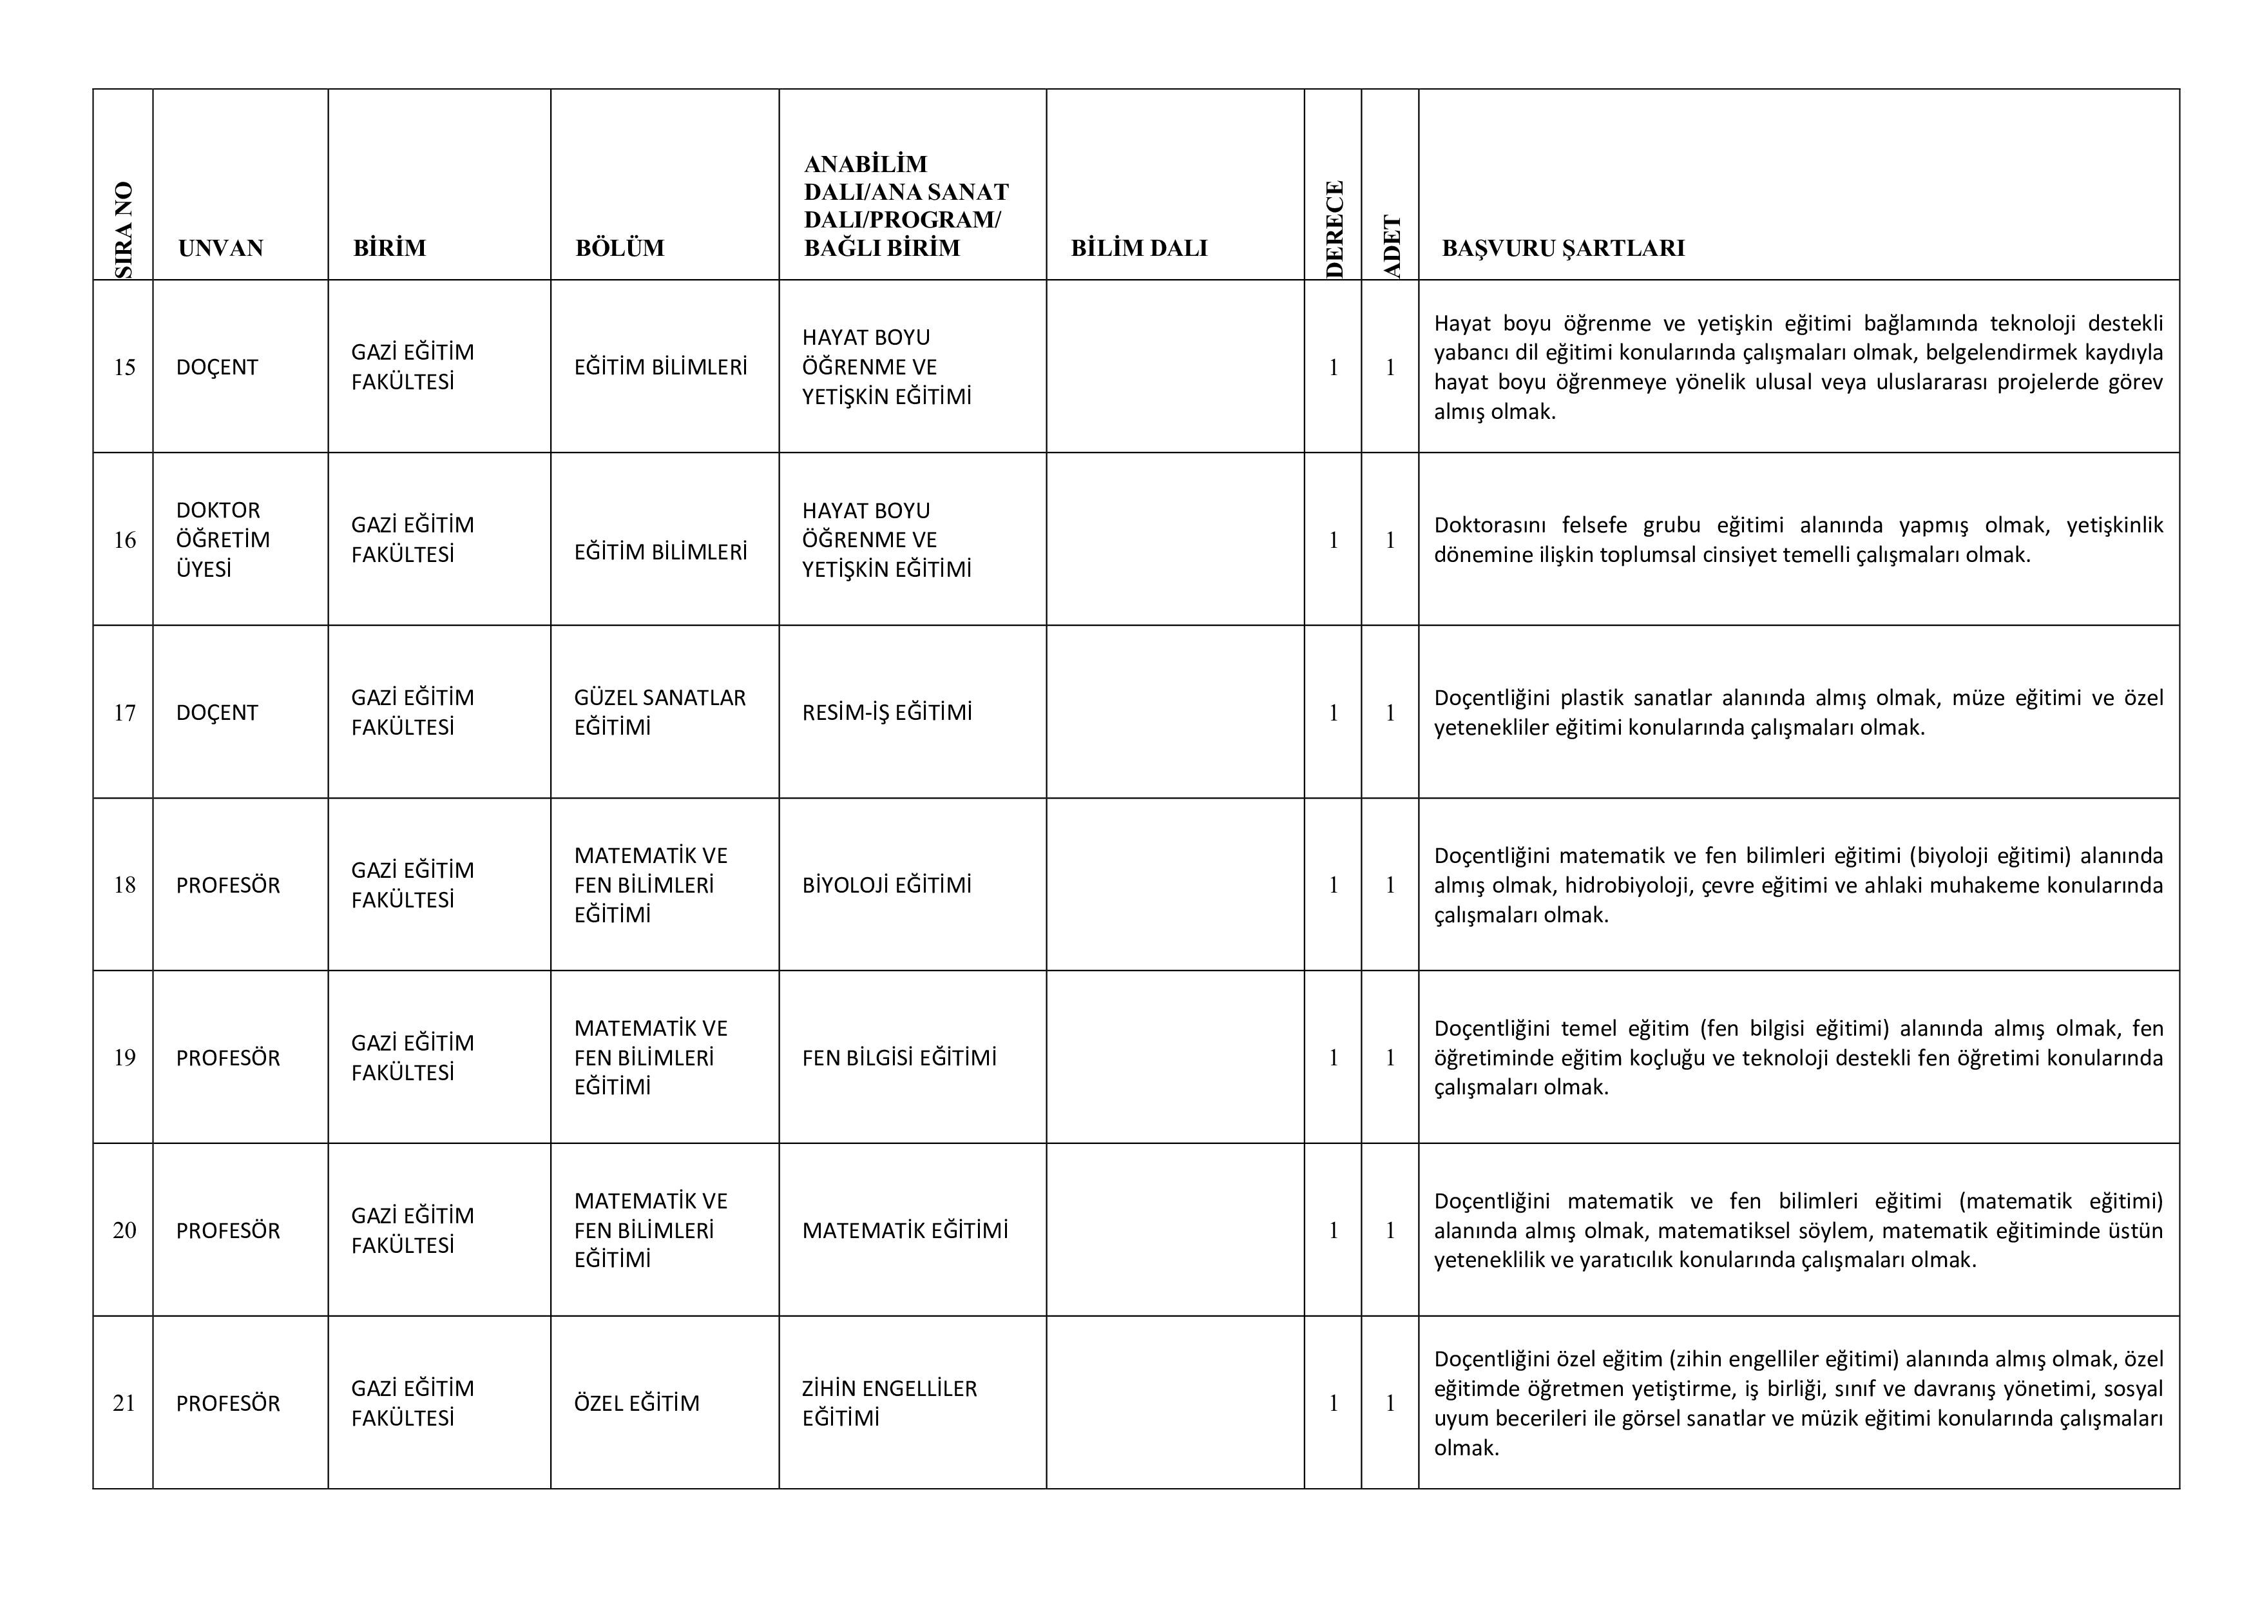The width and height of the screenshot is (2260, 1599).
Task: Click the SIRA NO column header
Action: coord(124,229)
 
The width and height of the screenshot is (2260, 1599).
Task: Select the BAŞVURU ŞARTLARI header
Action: coord(1563,248)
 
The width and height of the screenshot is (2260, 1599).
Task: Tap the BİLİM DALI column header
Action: coord(1139,248)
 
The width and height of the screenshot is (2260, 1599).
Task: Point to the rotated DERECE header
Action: coord(1334,229)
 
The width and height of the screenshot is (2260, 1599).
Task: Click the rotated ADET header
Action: coord(1391,246)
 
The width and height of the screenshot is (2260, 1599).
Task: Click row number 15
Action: coord(124,367)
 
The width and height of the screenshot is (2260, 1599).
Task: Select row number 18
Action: coord(124,885)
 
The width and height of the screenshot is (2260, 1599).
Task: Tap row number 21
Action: coord(124,1403)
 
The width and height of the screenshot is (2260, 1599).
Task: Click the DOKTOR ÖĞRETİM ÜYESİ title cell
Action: coord(222,539)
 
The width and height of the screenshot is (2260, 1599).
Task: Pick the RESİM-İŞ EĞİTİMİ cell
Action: coord(887,713)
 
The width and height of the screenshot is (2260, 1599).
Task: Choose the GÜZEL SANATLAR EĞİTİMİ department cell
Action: coord(660,713)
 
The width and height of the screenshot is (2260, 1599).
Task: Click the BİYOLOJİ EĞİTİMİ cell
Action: coord(887,885)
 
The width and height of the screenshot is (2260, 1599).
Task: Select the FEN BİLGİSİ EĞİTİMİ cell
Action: coord(899,1058)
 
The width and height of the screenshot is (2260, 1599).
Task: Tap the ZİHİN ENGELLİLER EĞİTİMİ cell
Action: coord(889,1403)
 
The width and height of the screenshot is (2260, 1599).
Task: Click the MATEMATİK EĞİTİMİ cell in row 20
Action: coord(905,1231)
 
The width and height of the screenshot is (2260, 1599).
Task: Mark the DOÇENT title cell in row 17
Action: coord(216,713)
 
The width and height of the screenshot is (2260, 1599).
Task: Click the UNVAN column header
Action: coord(220,248)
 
